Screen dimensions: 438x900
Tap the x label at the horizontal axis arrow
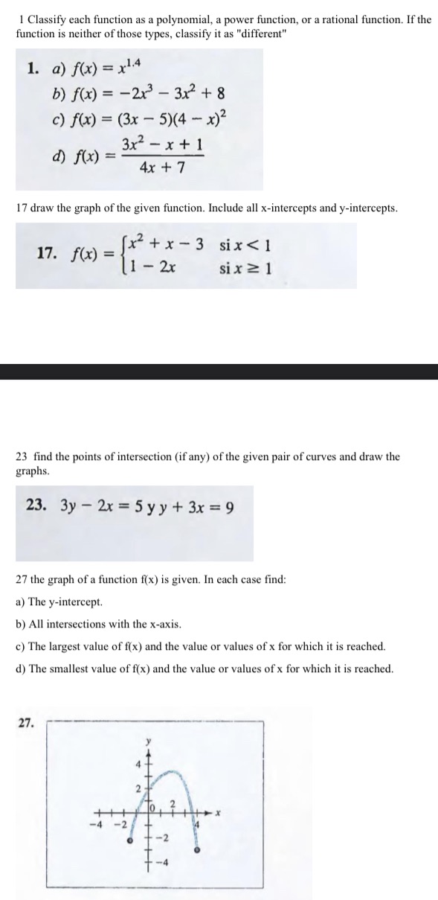217,814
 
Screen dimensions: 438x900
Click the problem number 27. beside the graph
26,722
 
